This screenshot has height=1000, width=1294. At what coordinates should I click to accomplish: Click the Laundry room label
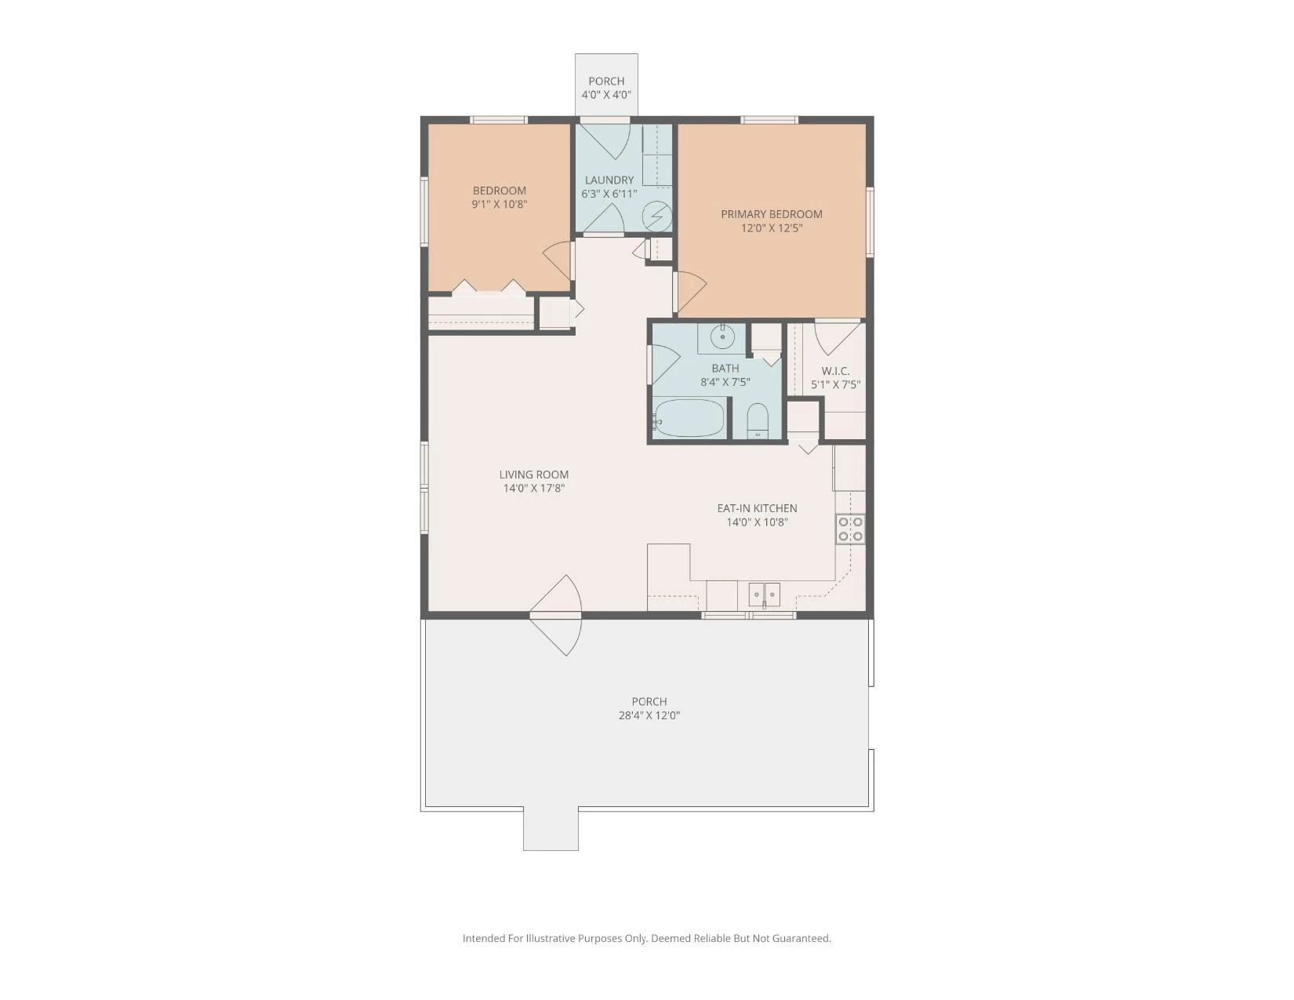[609, 180]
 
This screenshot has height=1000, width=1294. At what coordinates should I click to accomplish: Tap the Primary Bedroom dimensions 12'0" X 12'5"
[771, 228]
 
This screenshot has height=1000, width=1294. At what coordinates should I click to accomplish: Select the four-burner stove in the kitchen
[850, 529]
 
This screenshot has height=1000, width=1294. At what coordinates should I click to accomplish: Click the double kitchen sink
[764, 594]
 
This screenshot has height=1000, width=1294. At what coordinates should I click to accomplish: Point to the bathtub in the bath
[689, 418]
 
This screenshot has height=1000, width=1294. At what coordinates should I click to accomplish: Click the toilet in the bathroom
[758, 420]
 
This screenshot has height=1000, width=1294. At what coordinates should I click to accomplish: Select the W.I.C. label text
[835, 371]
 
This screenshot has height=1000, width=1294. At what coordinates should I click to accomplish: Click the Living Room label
[533, 475]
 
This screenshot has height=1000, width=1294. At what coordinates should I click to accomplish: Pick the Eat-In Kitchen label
[757, 508]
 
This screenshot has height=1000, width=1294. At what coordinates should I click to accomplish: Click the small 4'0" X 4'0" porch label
[606, 95]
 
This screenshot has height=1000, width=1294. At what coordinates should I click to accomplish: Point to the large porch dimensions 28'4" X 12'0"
[649, 715]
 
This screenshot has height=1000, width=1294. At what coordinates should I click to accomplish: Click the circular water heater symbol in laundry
[659, 216]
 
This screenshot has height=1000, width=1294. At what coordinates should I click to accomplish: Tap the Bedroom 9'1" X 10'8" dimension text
[499, 204]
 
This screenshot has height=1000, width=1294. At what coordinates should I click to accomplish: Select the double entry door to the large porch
[555, 615]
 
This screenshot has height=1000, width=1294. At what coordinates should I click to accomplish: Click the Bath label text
[725, 369]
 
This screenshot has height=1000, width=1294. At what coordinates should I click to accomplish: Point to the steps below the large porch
[551, 828]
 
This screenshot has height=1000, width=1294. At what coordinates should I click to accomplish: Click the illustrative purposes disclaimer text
[647, 938]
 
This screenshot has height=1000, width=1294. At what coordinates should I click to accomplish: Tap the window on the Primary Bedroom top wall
[769, 120]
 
